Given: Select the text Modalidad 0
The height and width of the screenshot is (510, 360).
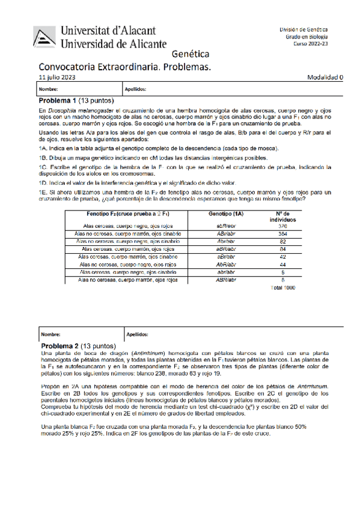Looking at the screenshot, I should [x=325, y=78].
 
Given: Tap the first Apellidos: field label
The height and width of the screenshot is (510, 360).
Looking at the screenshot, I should [x=135, y=89].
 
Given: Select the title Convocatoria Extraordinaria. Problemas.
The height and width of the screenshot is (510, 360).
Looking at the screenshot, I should [x=124, y=67].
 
